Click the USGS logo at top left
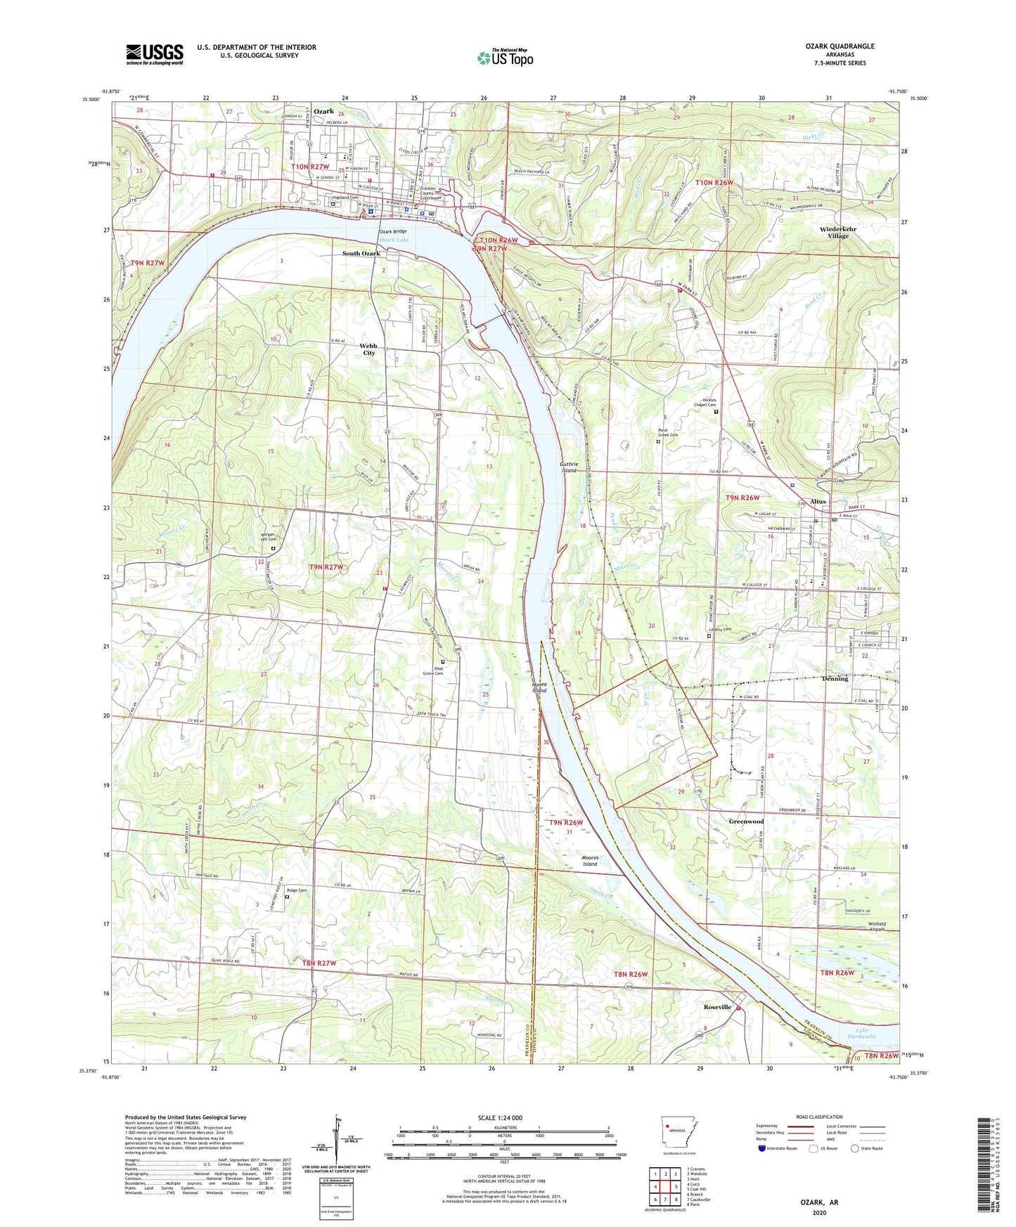click(155, 54)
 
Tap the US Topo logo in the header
click(505, 58)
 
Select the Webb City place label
click(368, 349)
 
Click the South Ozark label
click(361, 254)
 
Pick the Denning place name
click(835, 679)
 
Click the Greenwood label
click(746, 822)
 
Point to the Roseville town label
click(718, 1007)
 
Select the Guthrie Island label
click(568, 467)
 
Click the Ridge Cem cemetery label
click(296, 890)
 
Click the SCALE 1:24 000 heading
click(500, 1118)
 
